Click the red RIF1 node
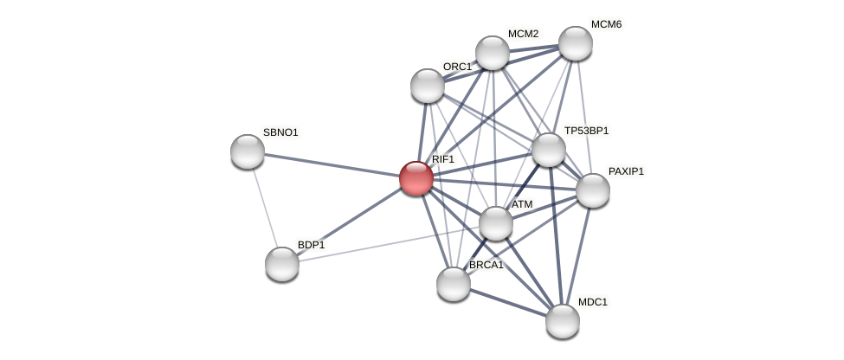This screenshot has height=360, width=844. coord(416,178)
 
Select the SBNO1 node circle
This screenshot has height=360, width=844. coord(248,151)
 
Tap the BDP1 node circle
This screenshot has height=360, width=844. coord(282,264)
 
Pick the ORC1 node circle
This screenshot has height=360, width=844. coord(428,86)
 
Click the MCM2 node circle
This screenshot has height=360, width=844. coord(493,53)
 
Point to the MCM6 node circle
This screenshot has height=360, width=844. coord(576,43)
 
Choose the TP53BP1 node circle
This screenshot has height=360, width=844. coord(549,150)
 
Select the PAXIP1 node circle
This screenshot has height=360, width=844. coord(593,190)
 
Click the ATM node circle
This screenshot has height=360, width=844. coord(496,223)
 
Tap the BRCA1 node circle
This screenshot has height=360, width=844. coord(454,284)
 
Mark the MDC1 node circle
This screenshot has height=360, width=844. coord(563,321)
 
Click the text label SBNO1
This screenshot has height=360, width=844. coord(280,132)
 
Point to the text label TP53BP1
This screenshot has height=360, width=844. coord(586,131)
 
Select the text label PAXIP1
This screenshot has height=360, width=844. coord(626,171)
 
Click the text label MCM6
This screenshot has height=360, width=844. coord(606,24)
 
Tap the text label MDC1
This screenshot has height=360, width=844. coord(593,302)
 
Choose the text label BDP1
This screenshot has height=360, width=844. coord(311,245)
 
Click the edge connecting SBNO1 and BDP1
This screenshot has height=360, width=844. coord(265,208)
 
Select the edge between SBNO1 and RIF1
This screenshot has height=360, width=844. coord(332,164)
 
